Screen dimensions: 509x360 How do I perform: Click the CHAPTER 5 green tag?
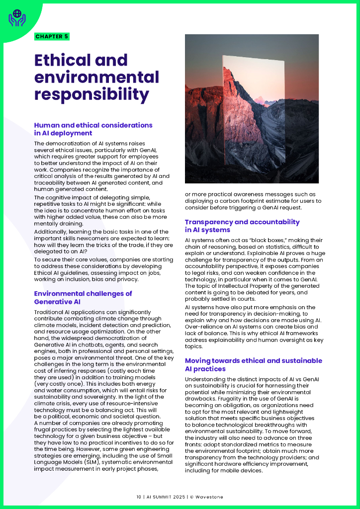click(x=52, y=36)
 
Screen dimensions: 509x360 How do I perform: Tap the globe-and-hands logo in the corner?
click(x=17, y=18)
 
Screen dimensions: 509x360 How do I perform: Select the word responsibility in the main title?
click(x=91, y=94)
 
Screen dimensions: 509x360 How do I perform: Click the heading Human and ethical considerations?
click(x=93, y=125)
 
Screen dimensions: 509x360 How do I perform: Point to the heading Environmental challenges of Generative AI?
click(x=83, y=297)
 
